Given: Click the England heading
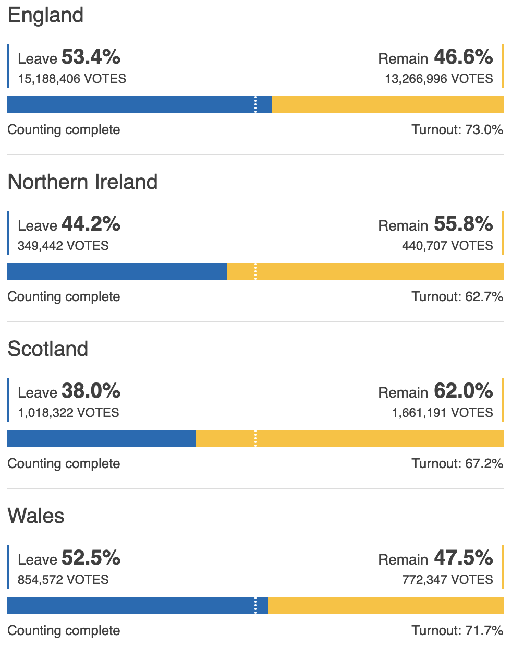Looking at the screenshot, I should tap(45, 15).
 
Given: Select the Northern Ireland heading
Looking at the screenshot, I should tap(82, 182).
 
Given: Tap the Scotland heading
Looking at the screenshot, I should tap(48, 349).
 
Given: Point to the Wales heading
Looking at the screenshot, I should tap(36, 516).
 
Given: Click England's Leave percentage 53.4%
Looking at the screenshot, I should tap(91, 57).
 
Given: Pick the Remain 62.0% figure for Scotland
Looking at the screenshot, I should tap(463, 391).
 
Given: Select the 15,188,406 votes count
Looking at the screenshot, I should tap(72, 79).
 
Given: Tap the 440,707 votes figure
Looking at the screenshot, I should tap(447, 246).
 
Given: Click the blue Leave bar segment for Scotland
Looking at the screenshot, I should tap(102, 438).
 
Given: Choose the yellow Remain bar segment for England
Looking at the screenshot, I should tap(387, 104).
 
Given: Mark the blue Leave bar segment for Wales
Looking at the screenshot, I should tap(130, 605).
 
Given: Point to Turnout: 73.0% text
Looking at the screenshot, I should tap(457, 129).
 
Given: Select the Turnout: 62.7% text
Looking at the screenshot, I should tap(457, 296).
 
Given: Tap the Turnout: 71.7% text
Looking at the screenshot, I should tap(457, 630).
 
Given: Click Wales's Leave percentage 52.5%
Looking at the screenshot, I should tap(91, 558).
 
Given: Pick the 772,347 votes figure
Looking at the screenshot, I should tap(447, 580).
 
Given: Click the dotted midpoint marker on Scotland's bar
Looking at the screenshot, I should tap(255, 438).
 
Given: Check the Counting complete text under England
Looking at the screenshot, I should tap(64, 129).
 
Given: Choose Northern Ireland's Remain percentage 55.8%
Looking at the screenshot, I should tap(463, 224).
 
